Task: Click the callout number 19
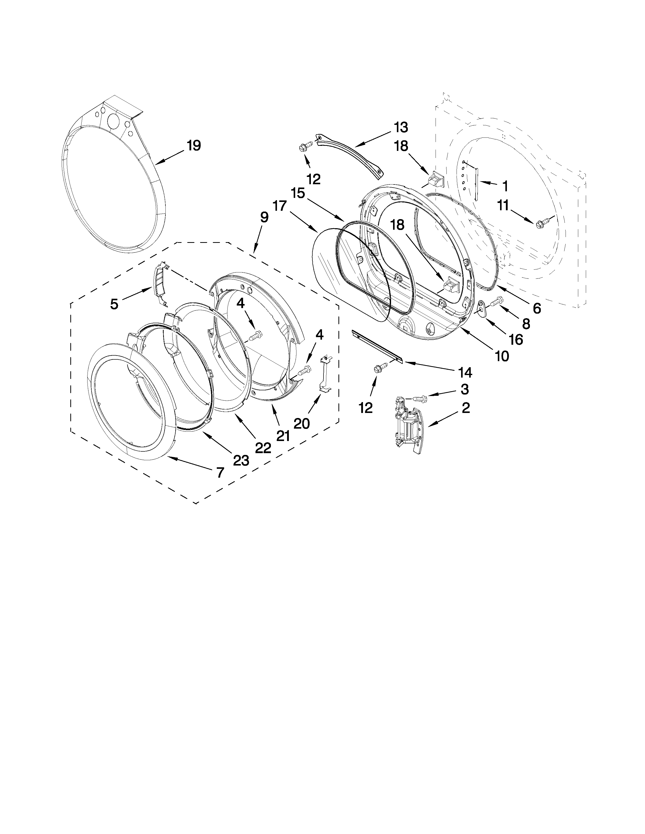tap(194, 146)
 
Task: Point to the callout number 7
tap(220, 473)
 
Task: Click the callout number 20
tap(302, 423)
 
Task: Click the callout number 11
tap(503, 205)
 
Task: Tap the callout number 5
tap(114, 304)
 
